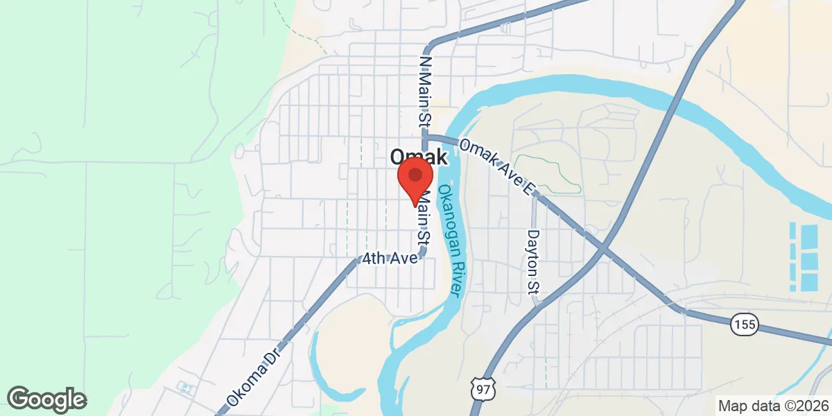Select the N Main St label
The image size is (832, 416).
(425, 91)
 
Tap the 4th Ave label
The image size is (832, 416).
(389, 259)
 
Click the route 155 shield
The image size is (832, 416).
(745, 323)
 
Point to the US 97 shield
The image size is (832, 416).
(482, 390)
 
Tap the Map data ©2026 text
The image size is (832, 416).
(773, 406)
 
